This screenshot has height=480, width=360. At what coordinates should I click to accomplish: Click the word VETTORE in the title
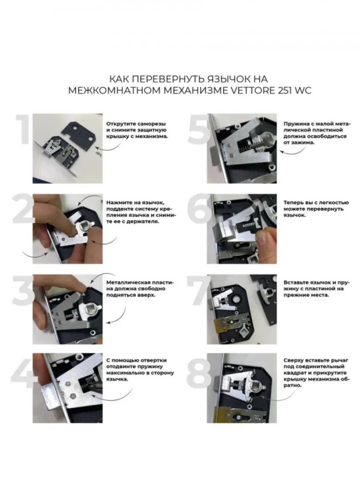251,90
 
